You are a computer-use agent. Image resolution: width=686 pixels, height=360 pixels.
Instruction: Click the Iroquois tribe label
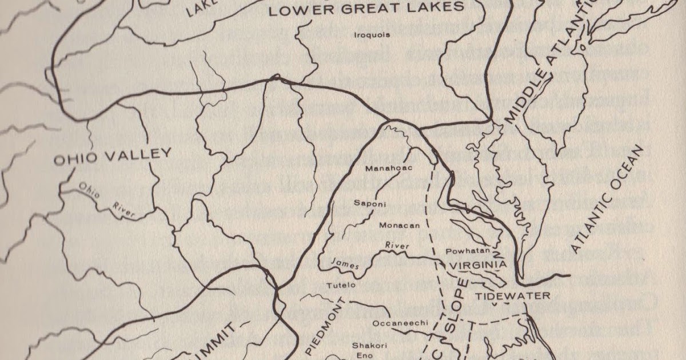372,35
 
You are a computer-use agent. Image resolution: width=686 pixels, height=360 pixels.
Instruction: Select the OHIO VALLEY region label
113,156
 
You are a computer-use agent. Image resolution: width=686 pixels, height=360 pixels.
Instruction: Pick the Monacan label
399,225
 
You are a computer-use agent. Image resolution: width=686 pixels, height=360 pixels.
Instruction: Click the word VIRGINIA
477,265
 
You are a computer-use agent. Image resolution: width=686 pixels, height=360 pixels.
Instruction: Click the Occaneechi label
400,323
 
